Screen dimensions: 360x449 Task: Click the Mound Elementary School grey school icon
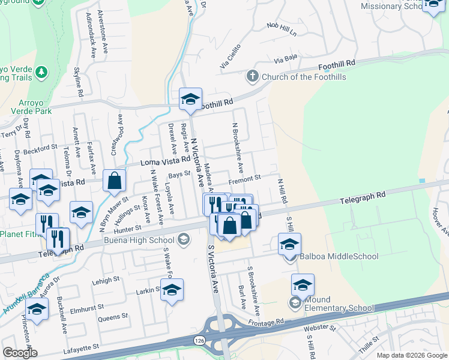point(295,302)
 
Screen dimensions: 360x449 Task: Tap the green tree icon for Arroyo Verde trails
point(41,73)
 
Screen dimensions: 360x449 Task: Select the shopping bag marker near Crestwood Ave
point(114,181)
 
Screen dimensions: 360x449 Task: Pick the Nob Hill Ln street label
point(282,29)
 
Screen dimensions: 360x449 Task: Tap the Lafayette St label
point(80,347)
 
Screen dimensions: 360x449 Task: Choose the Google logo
point(20,352)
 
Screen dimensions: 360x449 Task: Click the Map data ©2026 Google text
point(411,355)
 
